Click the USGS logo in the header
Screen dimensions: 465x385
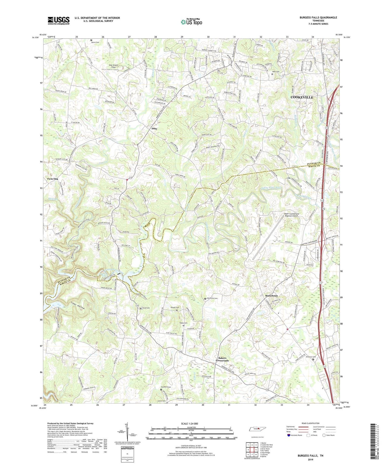pyautogui.click(x=59, y=21)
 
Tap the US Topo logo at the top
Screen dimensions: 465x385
pyautogui.click(x=191, y=22)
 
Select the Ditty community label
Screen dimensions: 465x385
pyautogui.click(x=154, y=128)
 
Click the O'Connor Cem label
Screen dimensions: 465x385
pyautogui.click(x=310, y=357)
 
